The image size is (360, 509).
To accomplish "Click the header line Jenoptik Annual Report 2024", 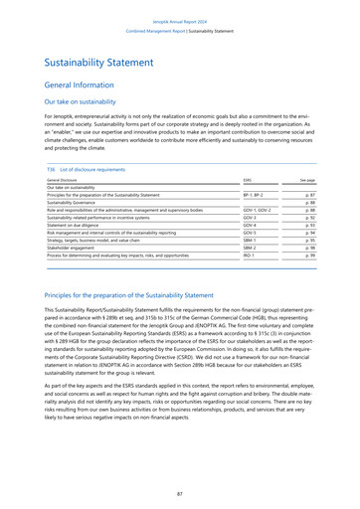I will (x=179, y=6).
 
